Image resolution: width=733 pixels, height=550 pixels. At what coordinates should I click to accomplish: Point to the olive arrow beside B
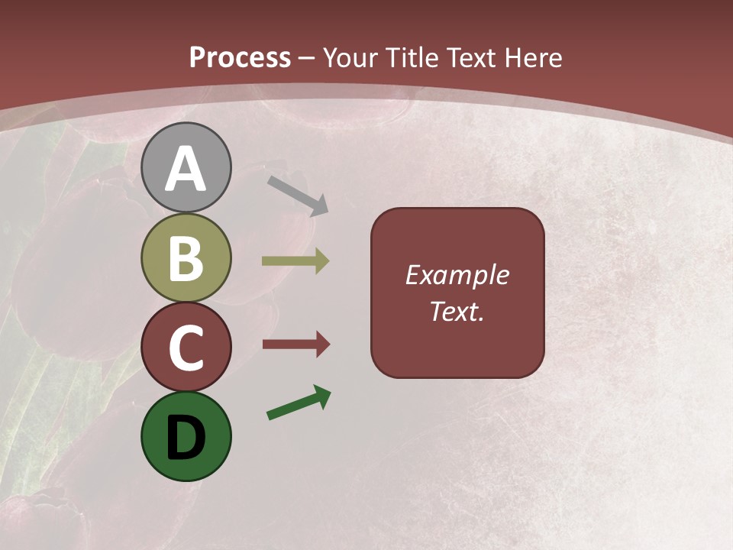(x=295, y=261)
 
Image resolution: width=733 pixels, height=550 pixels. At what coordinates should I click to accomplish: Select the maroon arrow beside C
(x=296, y=345)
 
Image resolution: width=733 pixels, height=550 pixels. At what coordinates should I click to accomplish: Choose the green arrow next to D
(x=299, y=403)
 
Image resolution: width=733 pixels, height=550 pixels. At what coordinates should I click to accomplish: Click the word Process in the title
(x=240, y=58)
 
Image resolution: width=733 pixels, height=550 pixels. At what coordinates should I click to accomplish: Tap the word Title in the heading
(x=413, y=58)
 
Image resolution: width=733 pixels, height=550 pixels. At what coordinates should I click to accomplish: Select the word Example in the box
(x=457, y=276)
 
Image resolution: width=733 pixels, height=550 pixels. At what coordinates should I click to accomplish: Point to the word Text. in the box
(x=457, y=311)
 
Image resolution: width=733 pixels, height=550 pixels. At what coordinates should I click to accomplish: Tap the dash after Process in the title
(x=307, y=58)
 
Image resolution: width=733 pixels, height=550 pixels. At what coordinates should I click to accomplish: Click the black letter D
(x=186, y=438)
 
